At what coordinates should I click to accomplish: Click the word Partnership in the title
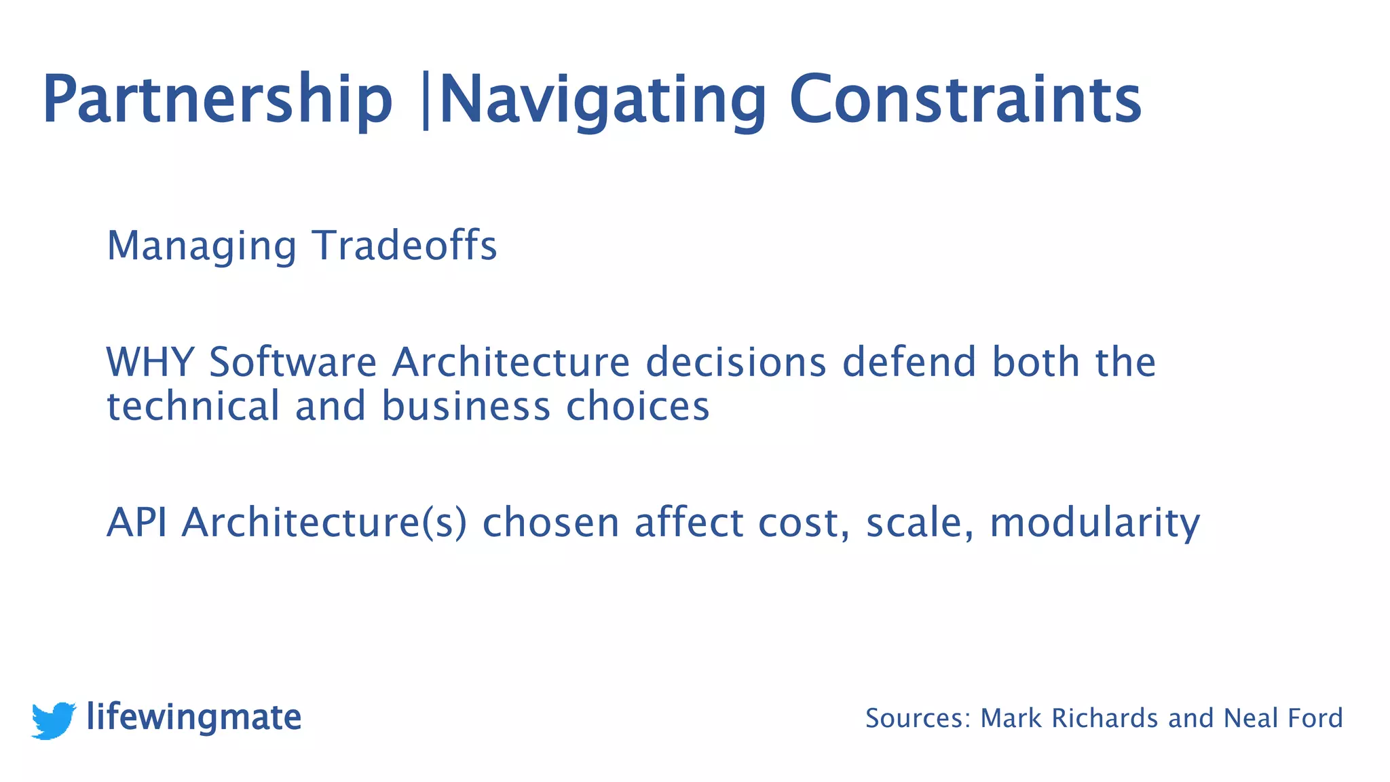click(x=217, y=100)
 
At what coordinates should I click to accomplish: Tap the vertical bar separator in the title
click(x=426, y=100)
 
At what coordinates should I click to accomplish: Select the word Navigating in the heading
click(x=603, y=100)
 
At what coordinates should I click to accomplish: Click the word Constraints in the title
click(x=965, y=100)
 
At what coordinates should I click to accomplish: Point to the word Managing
click(x=202, y=246)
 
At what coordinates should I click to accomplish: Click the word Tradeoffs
click(x=405, y=245)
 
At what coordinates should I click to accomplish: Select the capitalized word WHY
click(x=150, y=362)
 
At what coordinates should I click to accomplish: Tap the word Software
click(x=293, y=362)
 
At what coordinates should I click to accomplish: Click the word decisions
click(x=736, y=362)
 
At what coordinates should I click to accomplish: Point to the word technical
click(x=193, y=406)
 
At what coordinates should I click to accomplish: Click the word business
click(x=466, y=406)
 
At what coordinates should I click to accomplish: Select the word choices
click(x=638, y=406)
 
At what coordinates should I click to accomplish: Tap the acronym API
click(x=136, y=523)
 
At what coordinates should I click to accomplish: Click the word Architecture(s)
click(x=324, y=523)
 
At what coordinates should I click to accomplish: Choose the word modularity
click(x=1095, y=524)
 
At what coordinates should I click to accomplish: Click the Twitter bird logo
click(x=54, y=720)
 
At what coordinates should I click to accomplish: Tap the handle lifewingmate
click(x=194, y=718)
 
